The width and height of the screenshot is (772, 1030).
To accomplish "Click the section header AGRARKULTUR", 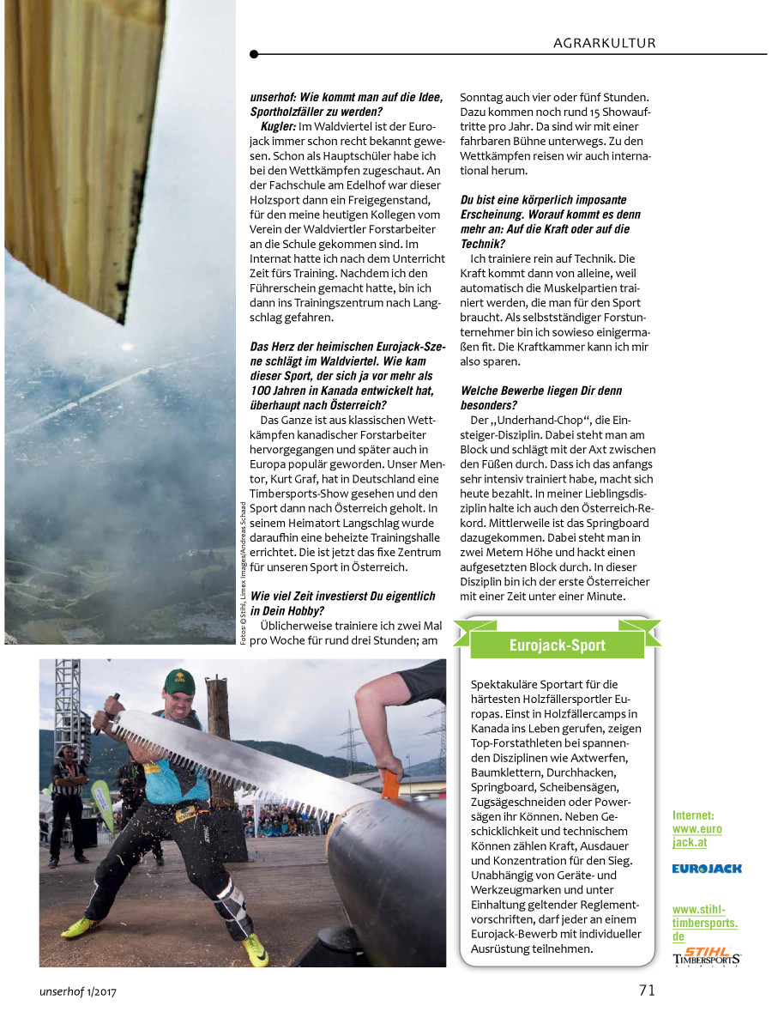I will (x=604, y=42).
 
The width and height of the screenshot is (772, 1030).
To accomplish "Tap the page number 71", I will (x=647, y=990).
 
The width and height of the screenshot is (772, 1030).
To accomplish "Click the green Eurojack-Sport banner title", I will (x=557, y=645).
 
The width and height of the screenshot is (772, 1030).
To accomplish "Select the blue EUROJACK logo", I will (x=707, y=869).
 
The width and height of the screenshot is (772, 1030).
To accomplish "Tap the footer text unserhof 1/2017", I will (x=77, y=991).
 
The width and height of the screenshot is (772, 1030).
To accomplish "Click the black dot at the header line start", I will (x=254, y=54).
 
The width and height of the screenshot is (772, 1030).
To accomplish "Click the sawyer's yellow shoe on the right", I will (x=254, y=949).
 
